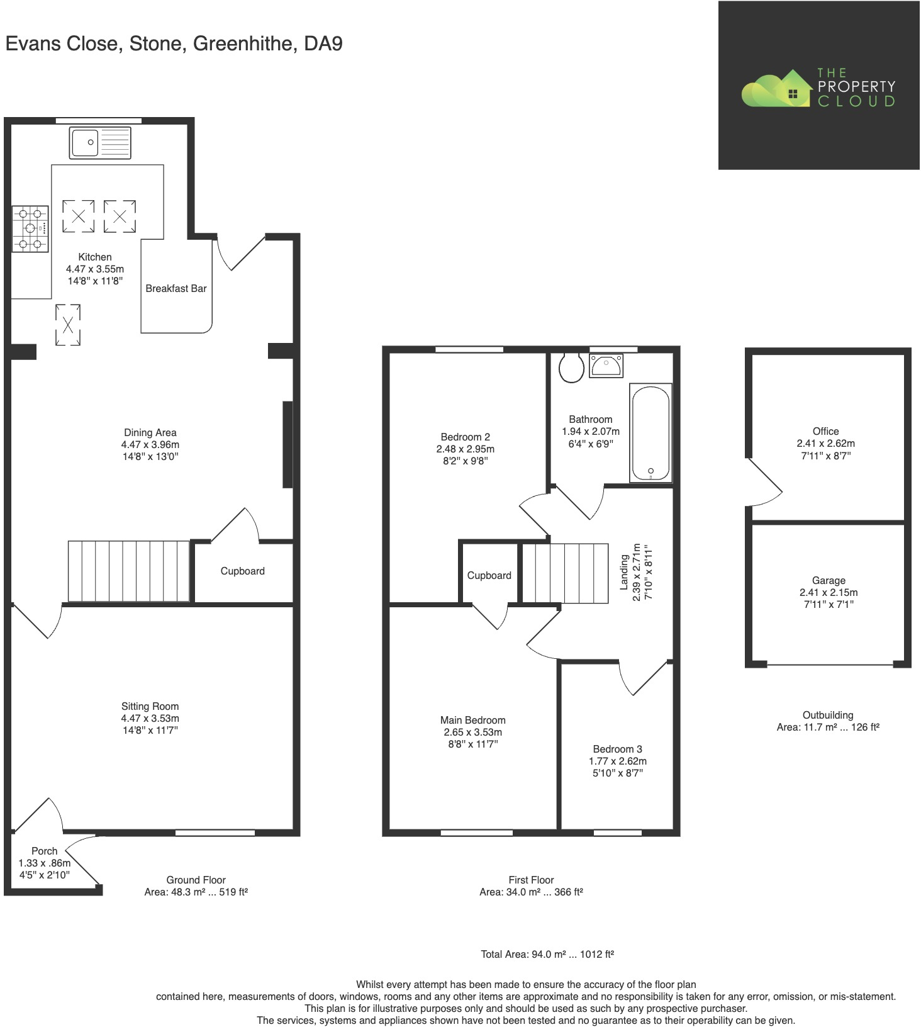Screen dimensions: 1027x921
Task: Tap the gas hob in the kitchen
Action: pyautogui.click(x=30, y=228)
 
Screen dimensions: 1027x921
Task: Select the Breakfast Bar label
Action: pyautogui.click(x=176, y=289)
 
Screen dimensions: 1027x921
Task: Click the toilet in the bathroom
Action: pyautogui.click(x=571, y=368)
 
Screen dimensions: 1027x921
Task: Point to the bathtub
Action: pyautogui.click(x=650, y=432)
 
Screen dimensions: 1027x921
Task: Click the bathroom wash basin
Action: pyautogui.click(x=606, y=366)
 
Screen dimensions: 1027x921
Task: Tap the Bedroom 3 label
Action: pyautogui.click(x=617, y=749)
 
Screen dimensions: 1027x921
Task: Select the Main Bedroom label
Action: pyautogui.click(x=472, y=721)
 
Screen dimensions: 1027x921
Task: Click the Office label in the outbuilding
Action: pyautogui.click(x=825, y=432)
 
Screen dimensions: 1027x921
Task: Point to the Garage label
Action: pyautogui.click(x=828, y=581)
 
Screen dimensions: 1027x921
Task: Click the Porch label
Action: pyautogui.click(x=44, y=851)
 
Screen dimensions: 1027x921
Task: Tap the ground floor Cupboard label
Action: pyautogui.click(x=242, y=571)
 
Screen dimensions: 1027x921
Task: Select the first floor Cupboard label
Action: pyautogui.click(x=489, y=576)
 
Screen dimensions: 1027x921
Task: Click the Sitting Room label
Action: pyautogui.click(x=150, y=707)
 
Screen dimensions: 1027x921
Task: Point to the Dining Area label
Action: pyautogui.click(x=150, y=433)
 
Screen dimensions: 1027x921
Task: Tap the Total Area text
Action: pyautogui.click(x=547, y=955)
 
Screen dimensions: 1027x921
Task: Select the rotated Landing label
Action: pyautogui.click(x=625, y=571)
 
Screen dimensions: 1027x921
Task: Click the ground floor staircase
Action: pyautogui.click(x=129, y=571)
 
